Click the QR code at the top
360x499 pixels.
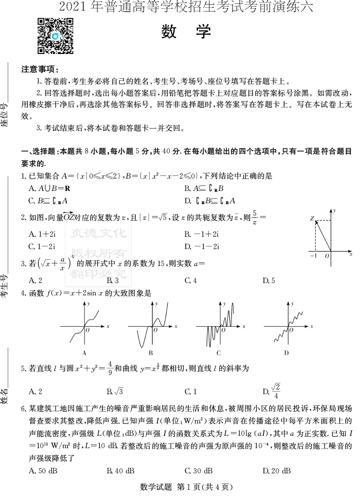coord(56,35)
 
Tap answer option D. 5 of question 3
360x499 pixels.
coord(268,281)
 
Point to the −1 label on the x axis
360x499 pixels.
coord(314,256)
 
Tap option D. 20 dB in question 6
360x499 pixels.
coord(277,471)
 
